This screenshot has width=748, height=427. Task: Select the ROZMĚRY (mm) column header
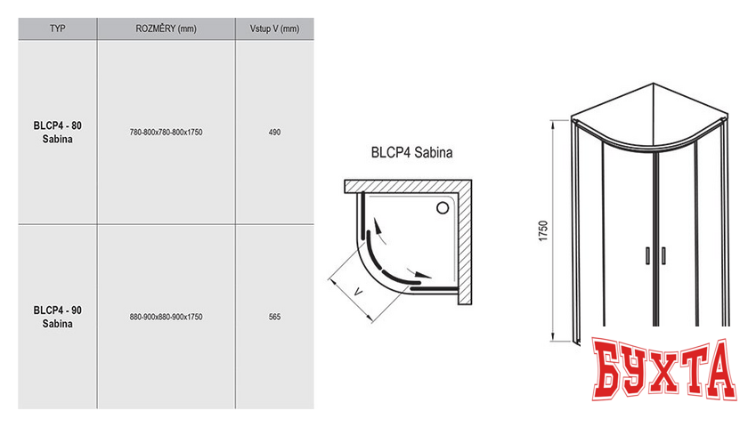coord(166,28)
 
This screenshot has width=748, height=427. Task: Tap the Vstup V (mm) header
coord(274,28)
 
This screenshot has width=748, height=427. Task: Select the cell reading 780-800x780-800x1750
coord(167,132)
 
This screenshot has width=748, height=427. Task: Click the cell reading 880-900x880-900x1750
coord(167,317)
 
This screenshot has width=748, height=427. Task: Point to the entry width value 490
coord(274,132)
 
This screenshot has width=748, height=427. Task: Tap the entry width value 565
coord(274,317)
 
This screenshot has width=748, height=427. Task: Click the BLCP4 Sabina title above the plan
coord(411,152)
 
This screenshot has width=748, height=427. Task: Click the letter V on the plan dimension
coord(358,290)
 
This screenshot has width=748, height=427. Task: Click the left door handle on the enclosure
coord(646,254)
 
